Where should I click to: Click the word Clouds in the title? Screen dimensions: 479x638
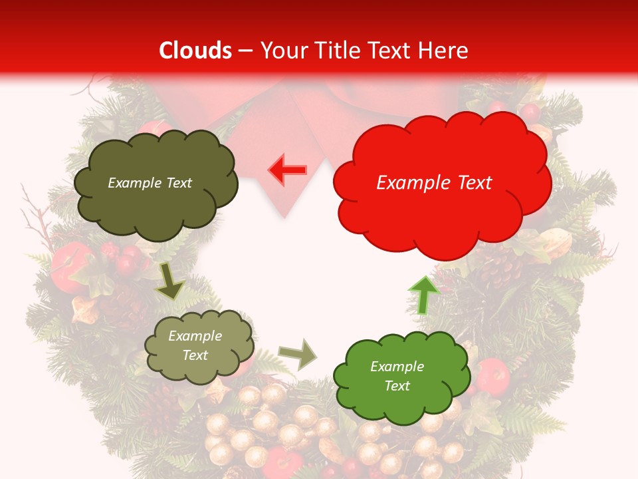[x=195, y=51]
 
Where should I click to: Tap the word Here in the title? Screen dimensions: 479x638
[x=443, y=51]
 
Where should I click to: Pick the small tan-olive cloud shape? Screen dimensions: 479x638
[x=199, y=346]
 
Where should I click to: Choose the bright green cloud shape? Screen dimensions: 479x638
[x=401, y=377]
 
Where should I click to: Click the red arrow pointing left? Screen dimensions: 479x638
[x=288, y=170]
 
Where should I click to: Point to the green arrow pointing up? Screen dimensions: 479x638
[x=424, y=295]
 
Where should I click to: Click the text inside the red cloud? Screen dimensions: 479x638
[x=434, y=183]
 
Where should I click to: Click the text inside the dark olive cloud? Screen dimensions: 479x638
[x=150, y=183]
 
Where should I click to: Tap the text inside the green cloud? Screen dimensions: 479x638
[x=397, y=376]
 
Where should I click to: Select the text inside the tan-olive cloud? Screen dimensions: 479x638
[x=195, y=346]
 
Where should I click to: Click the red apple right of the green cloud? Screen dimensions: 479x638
[x=493, y=376]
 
